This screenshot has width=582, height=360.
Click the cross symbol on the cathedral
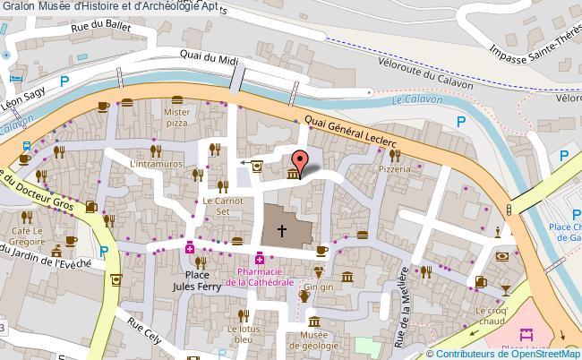tap(282, 230)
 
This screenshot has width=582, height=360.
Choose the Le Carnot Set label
tap(218, 207)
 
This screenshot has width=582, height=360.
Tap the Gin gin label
tap(320, 287)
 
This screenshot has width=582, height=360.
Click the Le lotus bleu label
tap(243, 334)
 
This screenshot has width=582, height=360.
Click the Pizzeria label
tap(393, 167)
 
